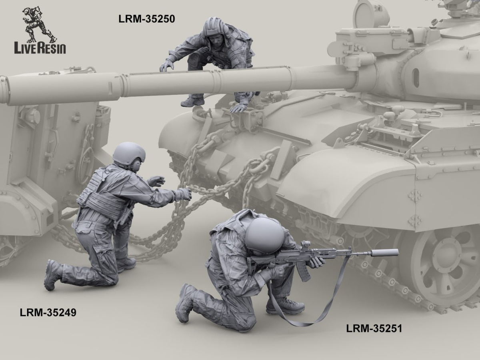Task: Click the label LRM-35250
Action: [x=146, y=19]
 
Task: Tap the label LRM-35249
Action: [x=48, y=312]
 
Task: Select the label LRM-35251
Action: [x=374, y=335]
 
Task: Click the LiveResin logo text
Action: [x=40, y=48]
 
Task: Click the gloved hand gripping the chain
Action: [x=184, y=194]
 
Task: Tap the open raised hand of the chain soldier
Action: [x=156, y=181]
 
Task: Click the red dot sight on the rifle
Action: [x=306, y=244]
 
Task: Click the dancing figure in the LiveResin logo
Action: [x=39, y=24]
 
